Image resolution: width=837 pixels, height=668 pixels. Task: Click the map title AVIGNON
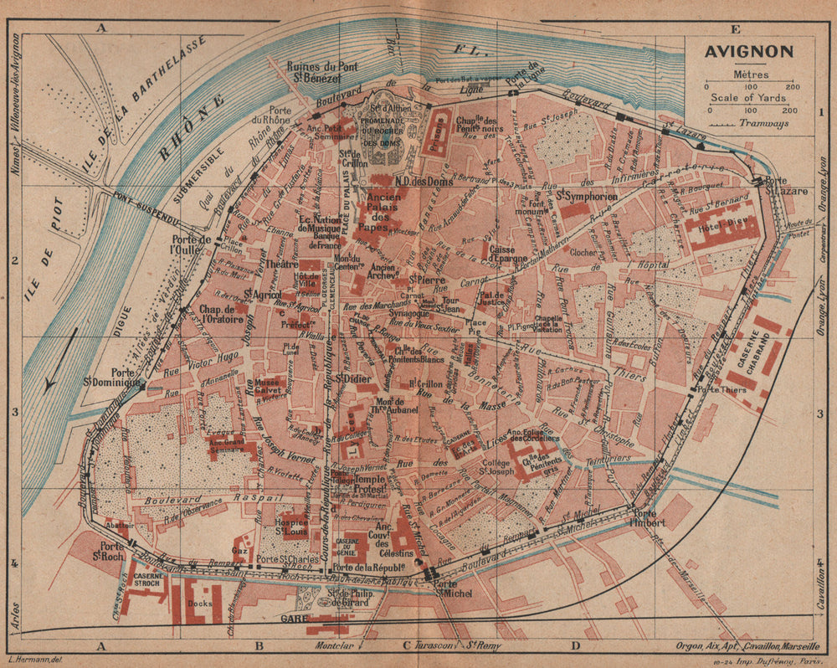point(749,51)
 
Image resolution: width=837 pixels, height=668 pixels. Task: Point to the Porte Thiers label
point(721,388)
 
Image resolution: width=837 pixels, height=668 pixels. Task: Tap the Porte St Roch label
point(108,552)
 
